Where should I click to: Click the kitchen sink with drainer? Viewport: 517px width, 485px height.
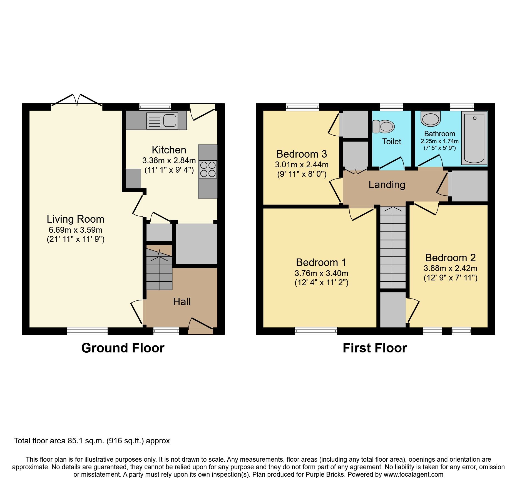(x=162, y=121)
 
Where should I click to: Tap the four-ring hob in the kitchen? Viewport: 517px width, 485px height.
(x=208, y=169)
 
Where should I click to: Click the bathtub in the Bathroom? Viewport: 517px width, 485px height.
(x=474, y=138)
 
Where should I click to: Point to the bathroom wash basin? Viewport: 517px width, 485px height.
(x=431, y=119)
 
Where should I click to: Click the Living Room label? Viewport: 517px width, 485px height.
(x=75, y=219)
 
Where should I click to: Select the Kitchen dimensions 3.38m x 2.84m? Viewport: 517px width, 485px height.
(x=169, y=161)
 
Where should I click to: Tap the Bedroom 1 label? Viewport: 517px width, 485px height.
(x=321, y=262)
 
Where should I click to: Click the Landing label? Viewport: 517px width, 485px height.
(x=387, y=185)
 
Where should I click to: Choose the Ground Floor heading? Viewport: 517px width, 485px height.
(x=123, y=348)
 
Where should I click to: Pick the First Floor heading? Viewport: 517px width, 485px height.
(x=375, y=348)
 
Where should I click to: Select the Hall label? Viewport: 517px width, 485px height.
(x=182, y=302)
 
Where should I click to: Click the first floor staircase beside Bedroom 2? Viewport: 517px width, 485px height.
(x=393, y=247)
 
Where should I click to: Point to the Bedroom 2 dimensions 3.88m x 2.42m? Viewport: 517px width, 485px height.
(x=450, y=268)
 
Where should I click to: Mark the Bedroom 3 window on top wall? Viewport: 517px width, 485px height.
(x=303, y=107)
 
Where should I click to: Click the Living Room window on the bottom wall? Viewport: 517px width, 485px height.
(x=87, y=331)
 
